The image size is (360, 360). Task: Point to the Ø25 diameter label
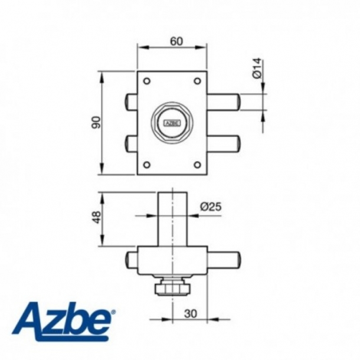click(210, 207)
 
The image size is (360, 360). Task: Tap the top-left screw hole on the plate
click(146, 81)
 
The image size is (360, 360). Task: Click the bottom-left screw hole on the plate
click(146, 165)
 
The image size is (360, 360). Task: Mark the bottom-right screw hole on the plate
click(197, 165)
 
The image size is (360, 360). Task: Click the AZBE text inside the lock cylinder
click(171, 123)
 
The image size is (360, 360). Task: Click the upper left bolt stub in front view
click(131, 101)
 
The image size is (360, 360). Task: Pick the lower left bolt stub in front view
click(131, 143)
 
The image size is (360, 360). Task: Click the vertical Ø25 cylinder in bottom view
click(172, 218)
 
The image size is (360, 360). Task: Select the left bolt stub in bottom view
click(131, 260)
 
